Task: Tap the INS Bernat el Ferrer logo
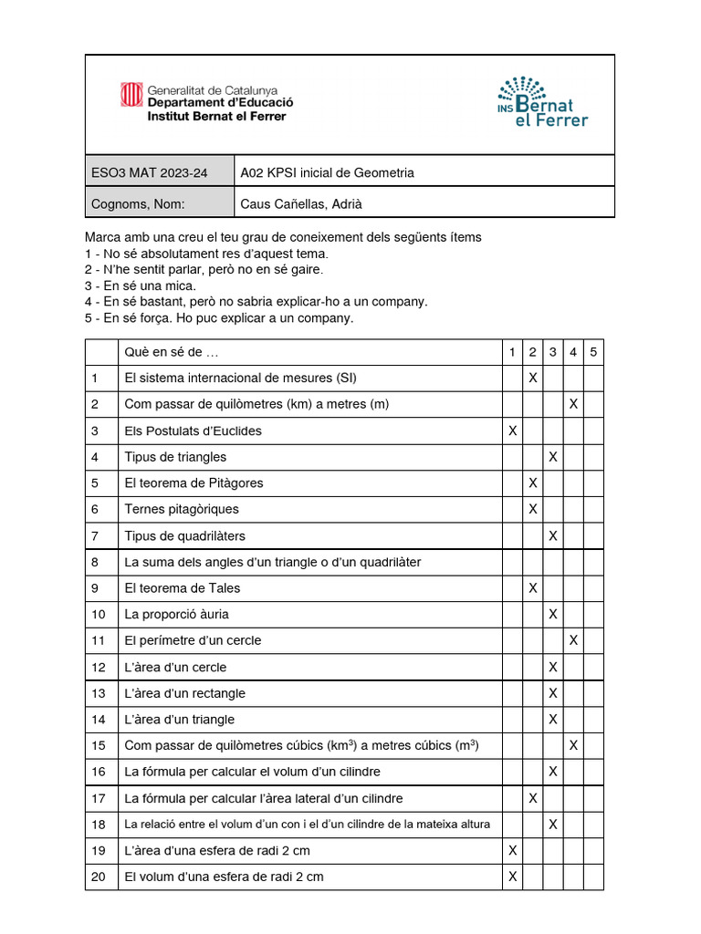pyautogui.click(x=542, y=102)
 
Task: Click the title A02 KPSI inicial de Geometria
pyautogui.click(x=327, y=172)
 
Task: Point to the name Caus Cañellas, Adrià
pyautogui.click(x=301, y=203)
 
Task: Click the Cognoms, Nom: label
pyautogui.click(x=138, y=203)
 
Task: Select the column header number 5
pyautogui.click(x=593, y=352)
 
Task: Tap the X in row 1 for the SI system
pyautogui.click(x=533, y=378)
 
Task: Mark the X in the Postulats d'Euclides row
pyautogui.click(x=512, y=431)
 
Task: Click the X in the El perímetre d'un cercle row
pyautogui.click(x=573, y=640)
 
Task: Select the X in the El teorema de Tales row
pyautogui.click(x=533, y=588)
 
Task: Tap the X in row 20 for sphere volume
pyautogui.click(x=512, y=877)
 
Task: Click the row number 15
pyautogui.click(x=99, y=745)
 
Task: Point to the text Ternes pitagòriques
pyautogui.click(x=182, y=509)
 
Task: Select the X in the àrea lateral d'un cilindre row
pyautogui.click(x=533, y=798)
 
